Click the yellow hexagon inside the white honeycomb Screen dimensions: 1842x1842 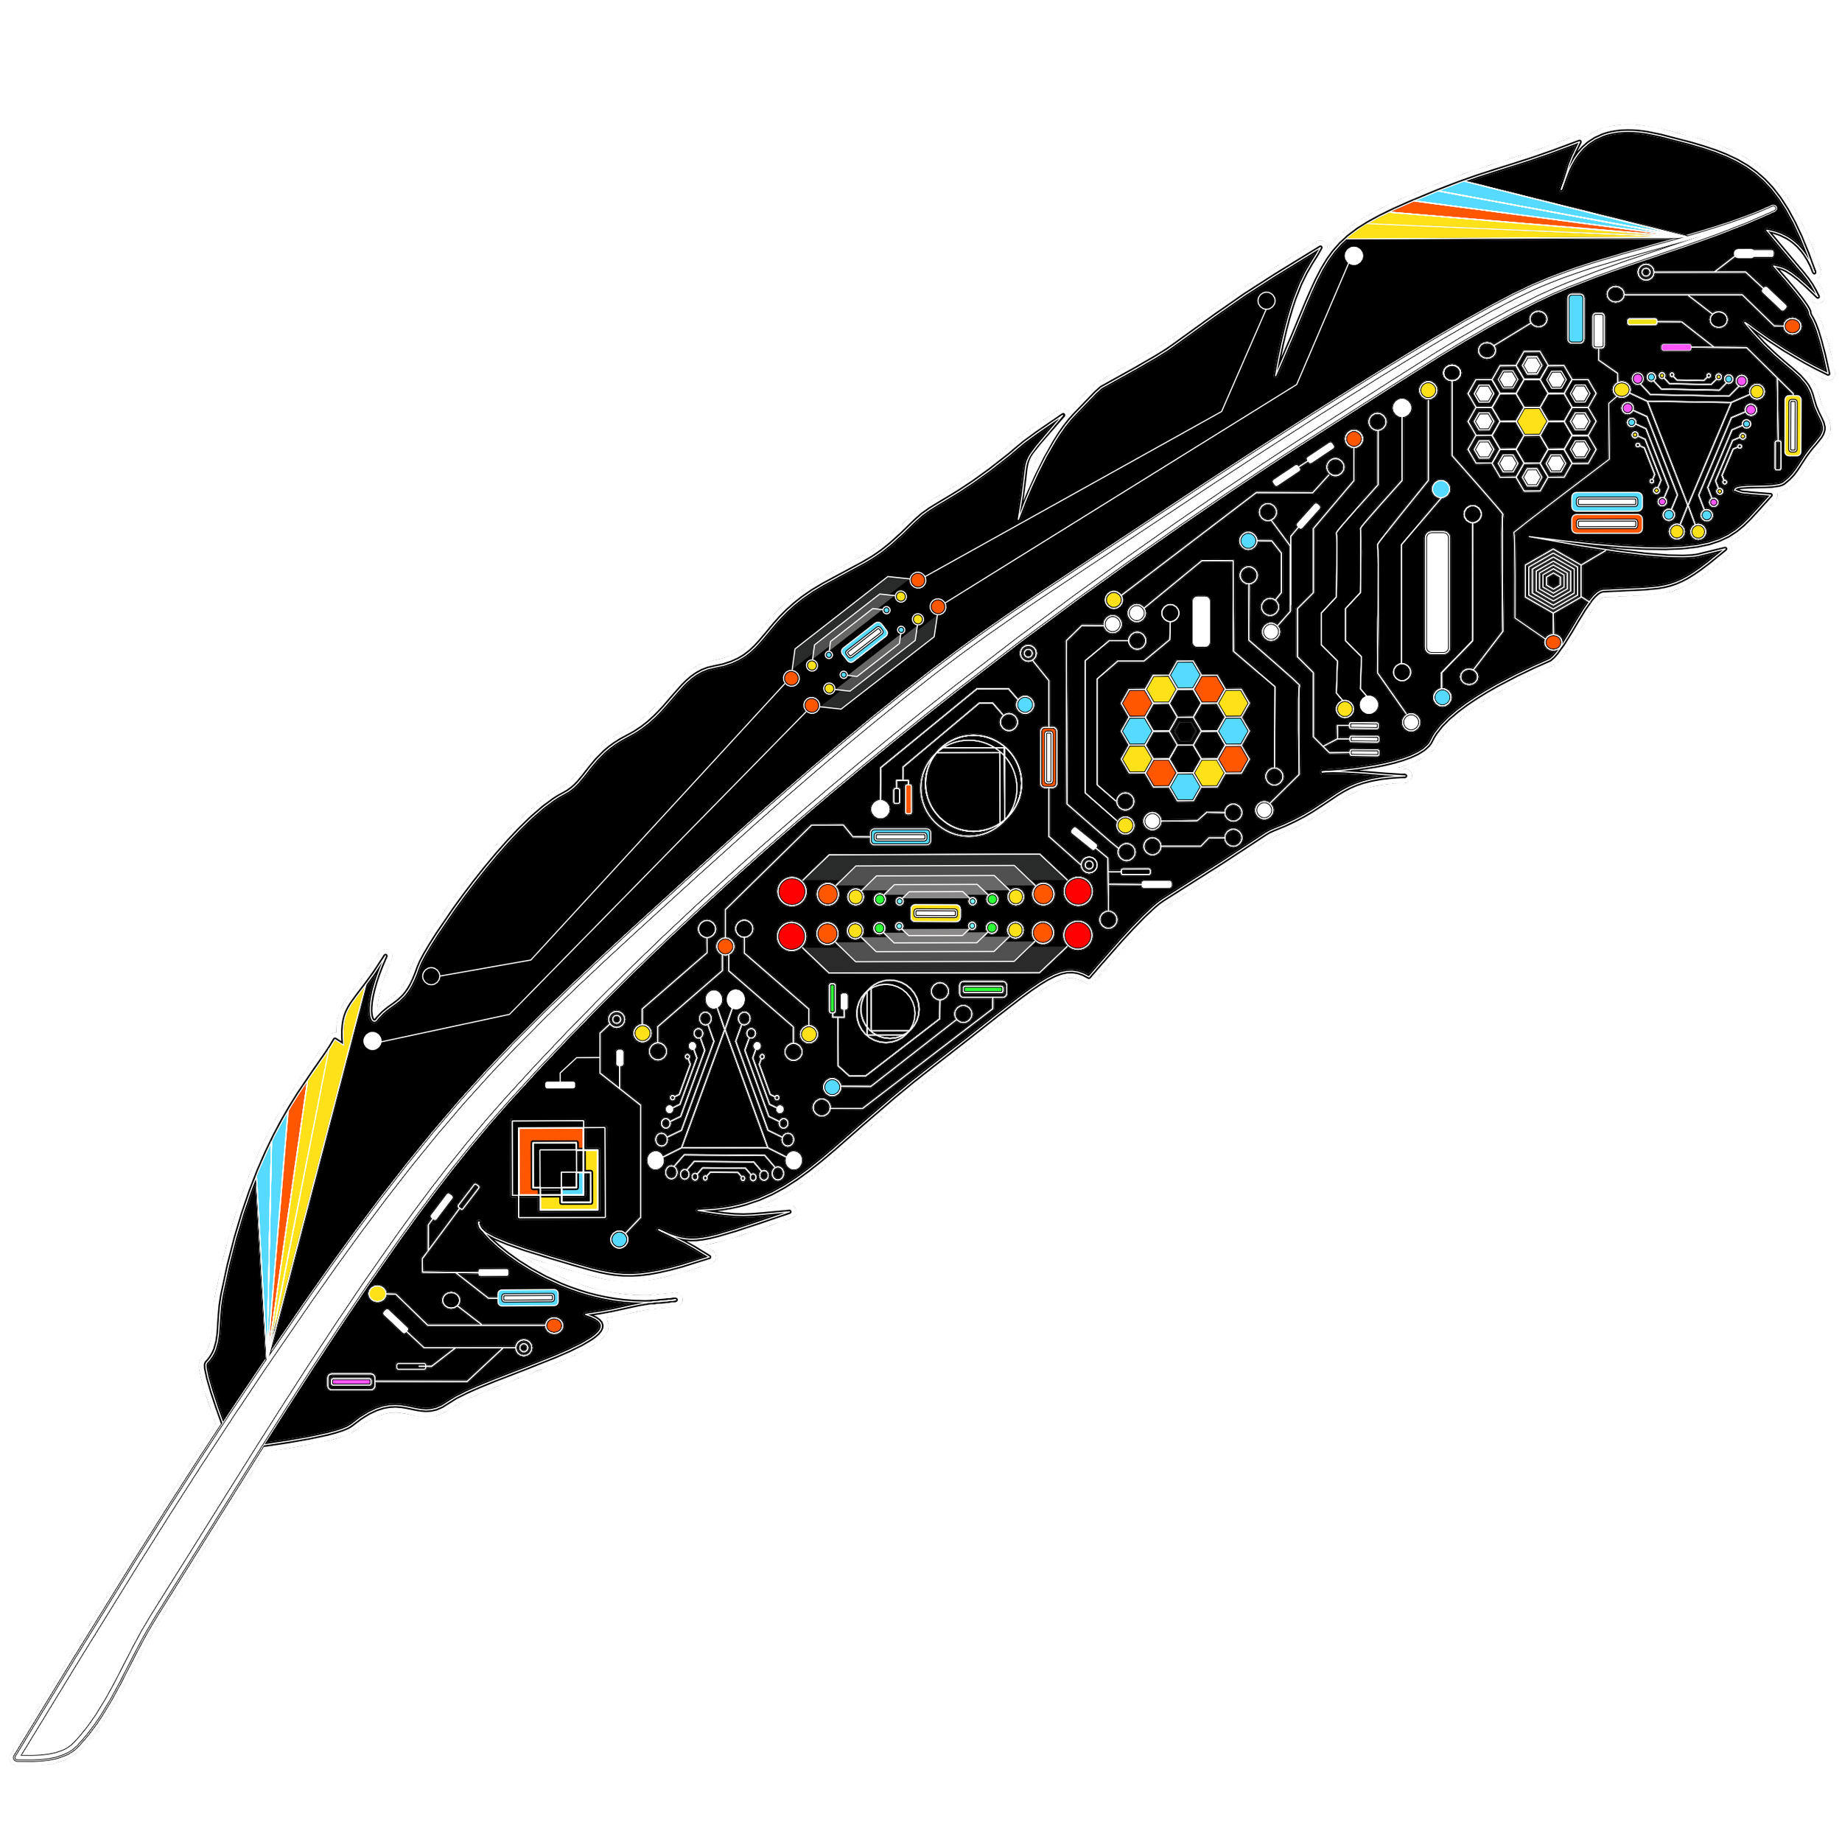[1531, 421]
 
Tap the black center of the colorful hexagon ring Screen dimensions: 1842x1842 [1185, 730]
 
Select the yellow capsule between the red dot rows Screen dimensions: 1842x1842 [934, 914]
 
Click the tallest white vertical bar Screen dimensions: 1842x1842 [1437, 592]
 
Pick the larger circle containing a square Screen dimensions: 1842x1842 [970, 785]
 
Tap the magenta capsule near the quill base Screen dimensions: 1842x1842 [351, 1381]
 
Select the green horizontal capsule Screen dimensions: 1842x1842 [983, 990]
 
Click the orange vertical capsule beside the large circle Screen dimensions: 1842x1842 [1048, 757]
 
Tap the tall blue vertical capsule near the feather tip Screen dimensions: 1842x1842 [1576, 319]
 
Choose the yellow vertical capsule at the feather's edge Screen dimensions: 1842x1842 [1793, 425]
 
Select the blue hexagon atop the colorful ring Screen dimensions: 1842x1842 [1185, 673]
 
